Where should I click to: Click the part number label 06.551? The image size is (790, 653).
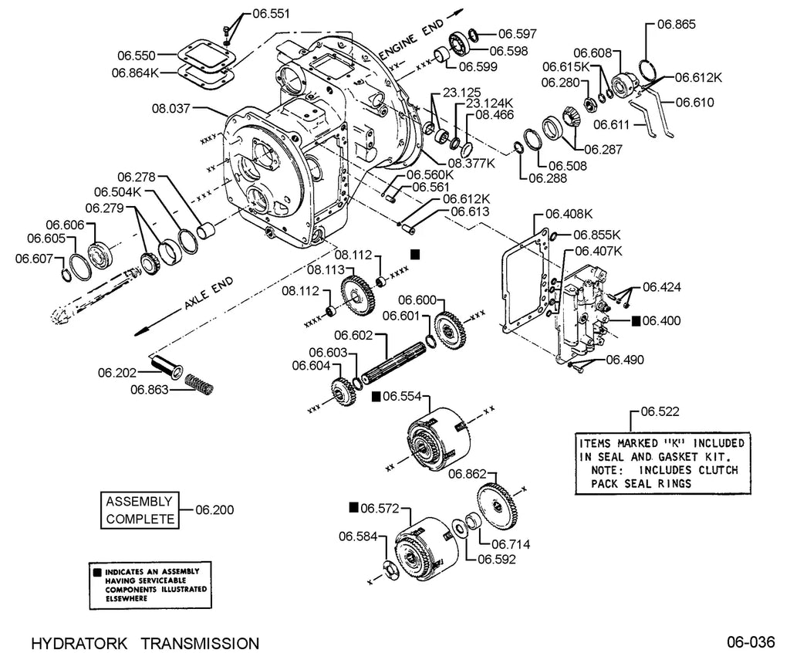pyautogui.click(x=271, y=14)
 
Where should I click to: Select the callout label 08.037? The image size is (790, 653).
pyautogui.click(x=170, y=108)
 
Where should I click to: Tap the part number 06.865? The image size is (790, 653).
pyautogui.click(x=676, y=24)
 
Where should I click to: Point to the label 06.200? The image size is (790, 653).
pyautogui.click(x=214, y=509)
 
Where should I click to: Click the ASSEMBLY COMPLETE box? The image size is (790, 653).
pyautogui.click(x=140, y=510)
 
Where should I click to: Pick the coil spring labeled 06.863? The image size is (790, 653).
pyautogui.click(x=200, y=384)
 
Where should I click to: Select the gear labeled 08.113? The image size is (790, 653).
pyautogui.click(x=358, y=296)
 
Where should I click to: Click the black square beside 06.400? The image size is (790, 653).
pyautogui.click(x=636, y=320)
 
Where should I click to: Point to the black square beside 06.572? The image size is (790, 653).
pyautogui.click(x=353, y=507)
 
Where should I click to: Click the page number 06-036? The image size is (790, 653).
pyautogui.click(x=751, y=642)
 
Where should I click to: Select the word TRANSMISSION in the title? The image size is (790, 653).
pyautogui.click(x=200, y=644)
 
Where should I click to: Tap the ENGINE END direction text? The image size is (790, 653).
pyautogui.click(x=412, y=39)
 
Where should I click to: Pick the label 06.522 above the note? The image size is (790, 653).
pyautogui.click(x=660, y=411)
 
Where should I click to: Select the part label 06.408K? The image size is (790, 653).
pyautogui.click(x=569, y=214)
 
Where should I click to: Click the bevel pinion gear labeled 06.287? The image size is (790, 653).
pyautogui.click(x=570, y=120)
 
